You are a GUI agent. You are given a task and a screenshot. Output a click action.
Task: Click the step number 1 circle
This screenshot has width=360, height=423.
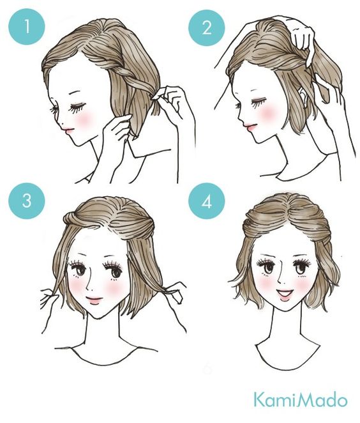coord(27,27)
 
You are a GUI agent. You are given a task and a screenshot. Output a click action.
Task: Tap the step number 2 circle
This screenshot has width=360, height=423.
coord(207,27)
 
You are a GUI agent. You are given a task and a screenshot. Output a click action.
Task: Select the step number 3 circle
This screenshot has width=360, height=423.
coord(27,201)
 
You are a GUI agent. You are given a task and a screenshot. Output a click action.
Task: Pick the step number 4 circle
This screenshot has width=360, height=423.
coord(207,201)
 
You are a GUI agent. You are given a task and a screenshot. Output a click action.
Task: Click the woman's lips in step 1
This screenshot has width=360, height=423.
coord(68,130)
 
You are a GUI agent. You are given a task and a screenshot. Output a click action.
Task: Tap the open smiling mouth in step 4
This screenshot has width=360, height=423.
coord(285,294)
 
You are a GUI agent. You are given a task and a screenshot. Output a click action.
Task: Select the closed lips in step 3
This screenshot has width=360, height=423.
coord(94,300)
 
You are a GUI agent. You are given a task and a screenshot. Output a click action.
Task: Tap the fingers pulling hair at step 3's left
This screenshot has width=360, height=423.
coord(49,298)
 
